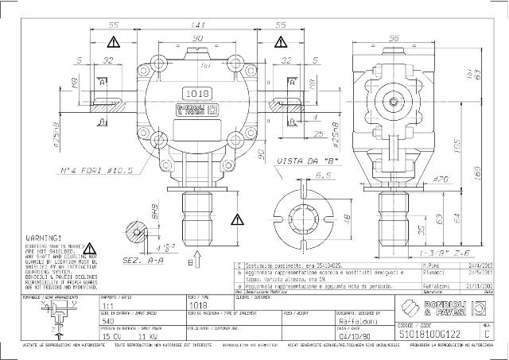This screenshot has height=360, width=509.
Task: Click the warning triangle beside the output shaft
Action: point(238,219)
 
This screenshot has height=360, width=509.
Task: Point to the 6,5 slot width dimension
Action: point(301,175)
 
